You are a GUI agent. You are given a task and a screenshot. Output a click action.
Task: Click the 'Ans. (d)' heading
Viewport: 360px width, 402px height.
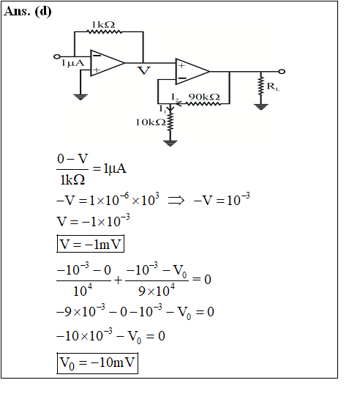pos(28,12)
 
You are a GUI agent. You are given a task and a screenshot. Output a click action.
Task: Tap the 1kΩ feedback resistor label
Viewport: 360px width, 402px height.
pos(103,25)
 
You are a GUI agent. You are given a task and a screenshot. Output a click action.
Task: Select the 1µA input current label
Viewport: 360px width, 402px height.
pos(72,63)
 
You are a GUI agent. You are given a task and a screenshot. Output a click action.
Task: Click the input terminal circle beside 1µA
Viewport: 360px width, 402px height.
pos(57,56)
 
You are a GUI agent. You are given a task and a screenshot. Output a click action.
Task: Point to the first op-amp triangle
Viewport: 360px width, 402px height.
pos(107,63)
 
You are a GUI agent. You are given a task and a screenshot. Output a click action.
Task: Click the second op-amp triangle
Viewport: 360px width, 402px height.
pos(192,72)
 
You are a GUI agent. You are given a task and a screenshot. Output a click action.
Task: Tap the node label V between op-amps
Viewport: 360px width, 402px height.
pos(143,70)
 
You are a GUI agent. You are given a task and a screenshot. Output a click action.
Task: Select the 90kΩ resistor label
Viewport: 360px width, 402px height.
pos(204,97)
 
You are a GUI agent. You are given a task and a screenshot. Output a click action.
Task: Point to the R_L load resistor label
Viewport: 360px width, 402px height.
pos(273,86)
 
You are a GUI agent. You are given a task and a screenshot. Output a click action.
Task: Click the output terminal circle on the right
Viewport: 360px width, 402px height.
pos(282,72)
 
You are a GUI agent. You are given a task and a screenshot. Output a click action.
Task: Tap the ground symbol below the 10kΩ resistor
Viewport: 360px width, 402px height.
pos(170,143)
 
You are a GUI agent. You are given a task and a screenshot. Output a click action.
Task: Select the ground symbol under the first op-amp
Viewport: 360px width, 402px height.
pos(80,97)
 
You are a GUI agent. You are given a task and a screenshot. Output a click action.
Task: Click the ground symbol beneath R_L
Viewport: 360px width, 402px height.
pos(260,107)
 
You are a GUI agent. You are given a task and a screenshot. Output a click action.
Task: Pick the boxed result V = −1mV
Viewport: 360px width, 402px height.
pos(91,244)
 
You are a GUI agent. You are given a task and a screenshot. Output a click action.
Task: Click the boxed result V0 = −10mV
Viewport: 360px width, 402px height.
pos(97,363)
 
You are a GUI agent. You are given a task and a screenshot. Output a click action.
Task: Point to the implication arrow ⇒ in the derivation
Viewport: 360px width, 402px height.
pos(176,200)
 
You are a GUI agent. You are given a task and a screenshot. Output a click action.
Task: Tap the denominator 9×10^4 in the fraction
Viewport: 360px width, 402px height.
pos(157,291)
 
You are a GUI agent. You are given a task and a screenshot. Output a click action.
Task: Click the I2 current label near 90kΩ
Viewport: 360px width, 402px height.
pos(175,97)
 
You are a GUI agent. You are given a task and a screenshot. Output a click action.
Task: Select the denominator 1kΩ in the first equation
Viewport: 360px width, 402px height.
pos(72,179)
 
